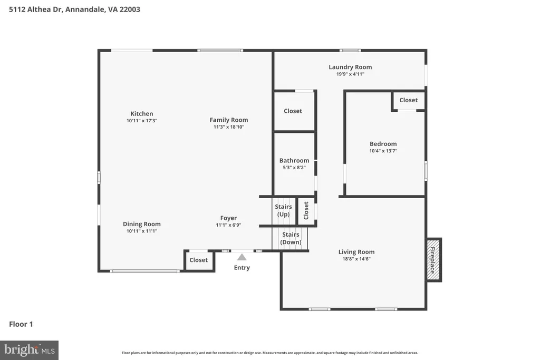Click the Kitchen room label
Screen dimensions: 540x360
pos(141,113)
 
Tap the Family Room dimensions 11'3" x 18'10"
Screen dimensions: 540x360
pos(229,127)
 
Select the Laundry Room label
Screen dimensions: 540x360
pos(350,67)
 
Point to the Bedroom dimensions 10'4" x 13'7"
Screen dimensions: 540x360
pos(383,151)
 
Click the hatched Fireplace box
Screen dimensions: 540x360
pos(433,260)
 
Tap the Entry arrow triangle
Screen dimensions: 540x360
pos(242,257)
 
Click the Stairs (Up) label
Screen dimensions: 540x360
pos(283,210)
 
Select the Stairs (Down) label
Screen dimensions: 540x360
pos(291,238)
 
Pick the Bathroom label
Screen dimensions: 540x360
pos(294,160)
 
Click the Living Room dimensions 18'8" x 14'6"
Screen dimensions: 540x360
pos(356,259)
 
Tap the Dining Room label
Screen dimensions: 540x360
pos(141,224)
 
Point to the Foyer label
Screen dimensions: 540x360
pos(228,218)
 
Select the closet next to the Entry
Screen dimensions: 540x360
pos(199,260)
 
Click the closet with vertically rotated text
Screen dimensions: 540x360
pos(306,211)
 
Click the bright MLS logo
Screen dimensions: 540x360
pos(30,351)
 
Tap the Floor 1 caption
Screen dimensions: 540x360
pos(21,324)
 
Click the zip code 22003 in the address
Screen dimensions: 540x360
pos(130,9)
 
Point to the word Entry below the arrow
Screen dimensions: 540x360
pos(242,268)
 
